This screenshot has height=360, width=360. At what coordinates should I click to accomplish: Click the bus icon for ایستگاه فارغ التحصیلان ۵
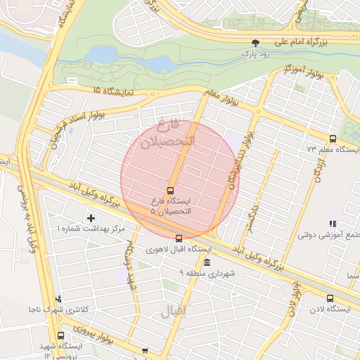[170, 191]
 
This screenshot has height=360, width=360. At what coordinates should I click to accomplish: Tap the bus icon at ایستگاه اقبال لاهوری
[179, 238]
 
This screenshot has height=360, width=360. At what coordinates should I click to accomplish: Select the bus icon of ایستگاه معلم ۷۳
[332, 139]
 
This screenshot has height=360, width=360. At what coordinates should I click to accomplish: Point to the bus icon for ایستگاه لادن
[330, 298]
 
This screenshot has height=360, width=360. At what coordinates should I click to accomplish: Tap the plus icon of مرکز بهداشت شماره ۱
[90, 218]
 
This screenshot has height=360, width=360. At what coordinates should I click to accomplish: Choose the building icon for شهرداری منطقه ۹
[206, 262]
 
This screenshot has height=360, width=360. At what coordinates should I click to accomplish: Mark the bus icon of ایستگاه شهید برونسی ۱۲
[60, 335]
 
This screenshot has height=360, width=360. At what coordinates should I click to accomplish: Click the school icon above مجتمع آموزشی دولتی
[331, 224]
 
